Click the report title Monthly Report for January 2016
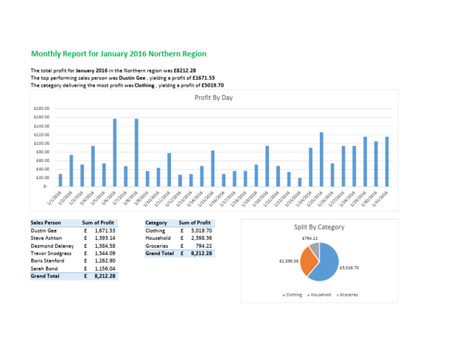click(119, 54)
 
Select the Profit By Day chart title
click(213, 97)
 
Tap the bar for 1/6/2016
click(114, 152)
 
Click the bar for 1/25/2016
click(322, 159)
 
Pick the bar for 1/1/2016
click(60, 180)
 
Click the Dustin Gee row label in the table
click(44, 231)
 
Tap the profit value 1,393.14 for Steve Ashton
click(104, 238)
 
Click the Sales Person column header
click(45, 223)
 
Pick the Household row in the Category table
click(157, 238)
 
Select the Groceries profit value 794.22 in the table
click(201, 246)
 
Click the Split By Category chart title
click(319, 227)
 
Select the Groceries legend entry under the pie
click(347, 295)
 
